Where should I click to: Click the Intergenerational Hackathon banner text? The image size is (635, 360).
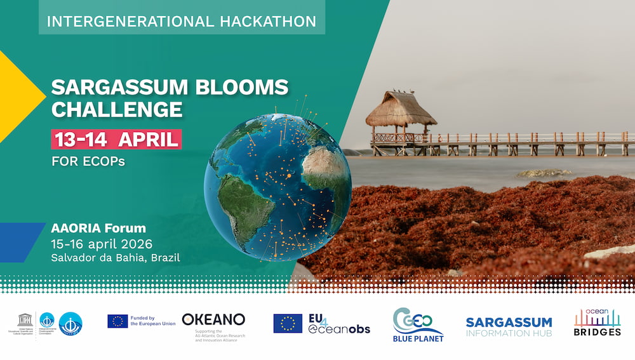click(x=182, y=21)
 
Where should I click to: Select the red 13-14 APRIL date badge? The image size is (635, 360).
click(x=116, y=139)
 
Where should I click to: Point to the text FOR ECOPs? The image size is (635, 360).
click(x=88, y=161)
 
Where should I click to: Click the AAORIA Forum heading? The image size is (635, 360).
click(x=98, y=228)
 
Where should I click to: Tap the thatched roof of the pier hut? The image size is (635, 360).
click(x=401, y=109)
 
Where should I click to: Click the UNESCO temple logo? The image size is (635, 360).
click(x=25, y=319)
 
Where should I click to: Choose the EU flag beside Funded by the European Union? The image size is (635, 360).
click(x=117, y=321)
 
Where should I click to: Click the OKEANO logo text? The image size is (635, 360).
click(x=213, y=319)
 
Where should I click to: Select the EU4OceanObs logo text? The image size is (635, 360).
click(x=339, y=323)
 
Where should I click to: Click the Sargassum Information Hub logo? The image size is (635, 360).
click(x=509, y=326)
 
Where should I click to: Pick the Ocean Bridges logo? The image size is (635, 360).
click(x=597, y=323)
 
